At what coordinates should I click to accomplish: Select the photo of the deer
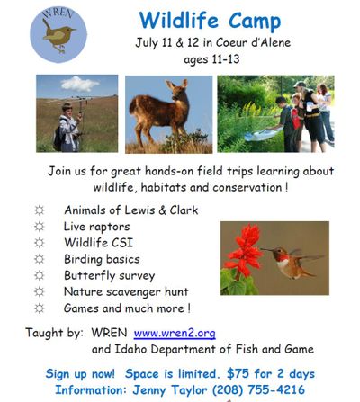(x=168, y=113)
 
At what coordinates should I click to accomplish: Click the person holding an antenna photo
(x=77, y=113)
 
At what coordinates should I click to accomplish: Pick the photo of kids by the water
(x=275, y=113)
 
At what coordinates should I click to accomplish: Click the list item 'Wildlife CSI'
(x=100, y=243)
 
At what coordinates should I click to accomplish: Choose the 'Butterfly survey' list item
(x=109, y=275)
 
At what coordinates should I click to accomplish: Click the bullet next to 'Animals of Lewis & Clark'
(x=38, y=210)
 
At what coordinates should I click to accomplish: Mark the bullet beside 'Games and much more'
(x=38, y=308)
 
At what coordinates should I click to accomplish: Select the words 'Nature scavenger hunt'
(x=125, y=291)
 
